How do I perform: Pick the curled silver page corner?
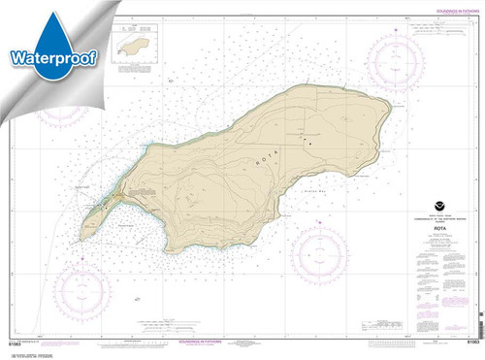click(x=24, y=19)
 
